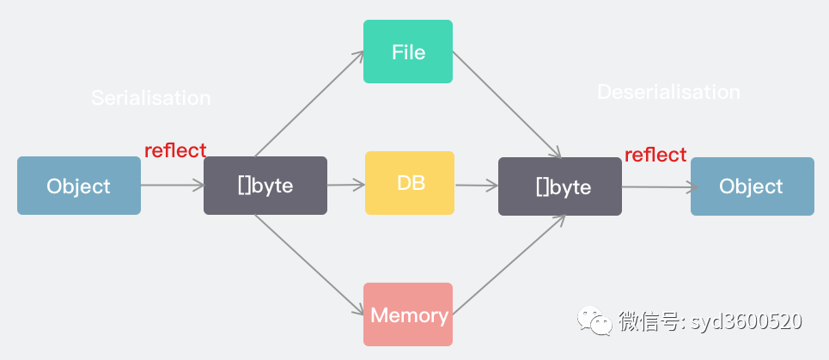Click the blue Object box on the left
click(79, 186)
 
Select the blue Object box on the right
click(752, 186)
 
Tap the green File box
click(408, 52)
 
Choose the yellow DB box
click(410, 183)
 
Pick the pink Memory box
click(408, 314)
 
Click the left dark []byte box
click(265, 186)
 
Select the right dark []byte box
click(560, 186)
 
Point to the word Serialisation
click(150, 98)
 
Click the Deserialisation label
click(668, 92)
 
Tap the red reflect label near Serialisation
click(175, 150)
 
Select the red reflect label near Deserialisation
click(655, 155)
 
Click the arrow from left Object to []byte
click(172, 185)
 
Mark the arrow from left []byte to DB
click(346, 184)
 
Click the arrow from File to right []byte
click(507, 104)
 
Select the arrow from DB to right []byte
click(477, 185)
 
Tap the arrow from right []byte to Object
click(656, 186)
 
